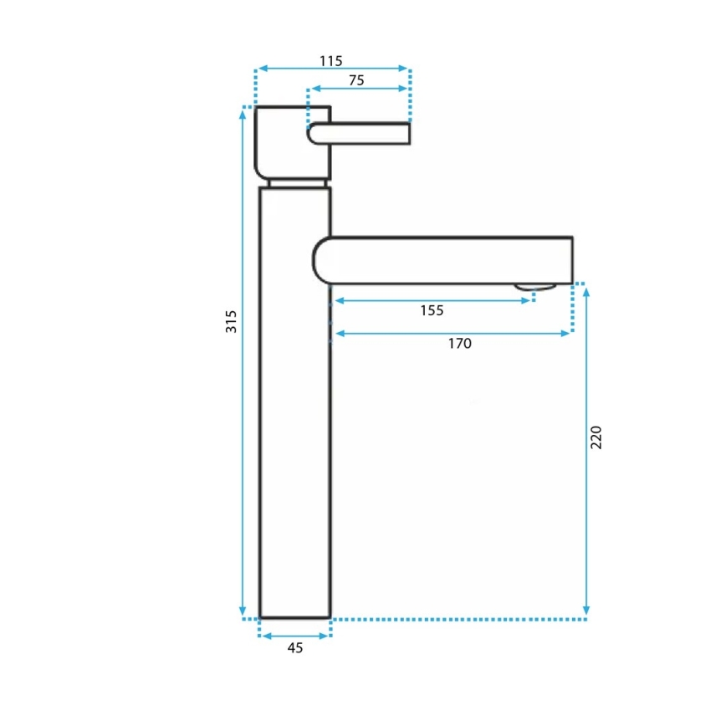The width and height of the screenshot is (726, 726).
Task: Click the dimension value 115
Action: [x=331, y=60]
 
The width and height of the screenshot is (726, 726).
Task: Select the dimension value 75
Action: [x=355, y=80]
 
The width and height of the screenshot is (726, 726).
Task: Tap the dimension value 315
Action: [x=232, y=321]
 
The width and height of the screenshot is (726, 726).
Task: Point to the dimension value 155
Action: [x=432, y=310]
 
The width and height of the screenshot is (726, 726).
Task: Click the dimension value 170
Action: [x=459, y=343]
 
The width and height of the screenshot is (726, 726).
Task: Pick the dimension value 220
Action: [x=596, y=437]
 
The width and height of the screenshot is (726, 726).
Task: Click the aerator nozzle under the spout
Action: [x=534, y=287]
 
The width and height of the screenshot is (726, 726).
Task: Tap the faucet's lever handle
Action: [x=361, y=134]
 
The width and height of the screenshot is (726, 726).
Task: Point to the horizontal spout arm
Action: [x=443, y=260]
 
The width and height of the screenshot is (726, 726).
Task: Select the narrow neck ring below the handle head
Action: [x=298, y=181]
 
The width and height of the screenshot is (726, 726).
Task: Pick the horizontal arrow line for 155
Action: [x=432, y=299]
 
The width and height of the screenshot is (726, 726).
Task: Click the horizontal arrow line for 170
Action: [x=452, y=333]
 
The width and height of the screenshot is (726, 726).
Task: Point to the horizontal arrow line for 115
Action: [x=332, y=69]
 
